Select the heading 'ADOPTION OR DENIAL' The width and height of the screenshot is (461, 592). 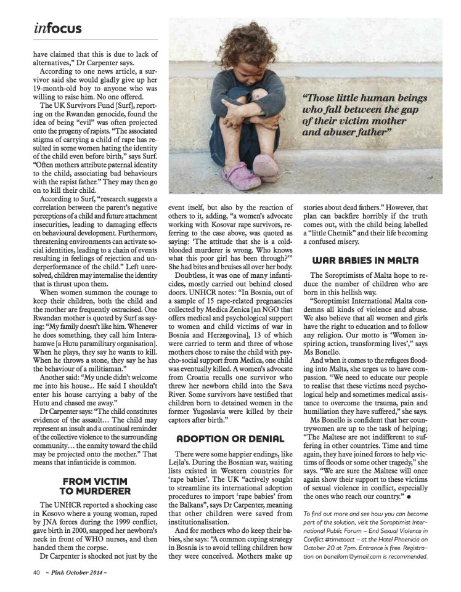tap(231, 439)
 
